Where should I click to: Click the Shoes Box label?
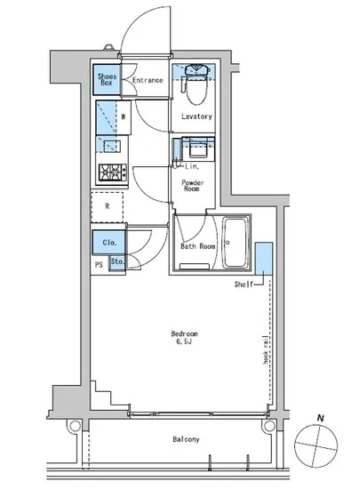(x=107, y=81)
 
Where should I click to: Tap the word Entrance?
(x=148, y=81)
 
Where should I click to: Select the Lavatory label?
(x=196, y=116)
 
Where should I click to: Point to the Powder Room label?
(x=194, y=183)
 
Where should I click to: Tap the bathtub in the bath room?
(x=236, y=244)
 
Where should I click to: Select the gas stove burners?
(x=113, y=172)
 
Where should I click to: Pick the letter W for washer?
(x=123, y=116)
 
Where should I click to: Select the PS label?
(x=99, y=264)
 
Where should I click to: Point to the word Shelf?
(x=244, y=285)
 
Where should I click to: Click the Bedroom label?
(x=184, y=333)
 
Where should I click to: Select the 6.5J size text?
(x=184, y=342)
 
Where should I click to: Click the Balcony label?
(x=186, y=439)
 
